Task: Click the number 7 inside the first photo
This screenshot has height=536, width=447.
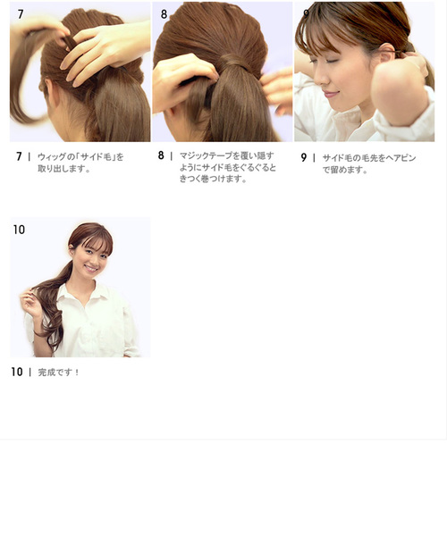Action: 21,14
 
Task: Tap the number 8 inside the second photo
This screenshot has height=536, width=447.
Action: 164,14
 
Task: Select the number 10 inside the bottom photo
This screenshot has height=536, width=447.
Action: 19,230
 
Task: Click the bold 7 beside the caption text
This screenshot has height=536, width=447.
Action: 19,156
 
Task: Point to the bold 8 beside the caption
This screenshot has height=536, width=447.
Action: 161,155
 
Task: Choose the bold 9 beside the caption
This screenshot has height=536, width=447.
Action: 304,157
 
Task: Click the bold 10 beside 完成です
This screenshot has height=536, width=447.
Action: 17,372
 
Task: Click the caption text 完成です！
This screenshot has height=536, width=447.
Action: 58,373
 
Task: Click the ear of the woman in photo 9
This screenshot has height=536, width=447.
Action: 384,54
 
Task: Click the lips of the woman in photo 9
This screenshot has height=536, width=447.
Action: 329,93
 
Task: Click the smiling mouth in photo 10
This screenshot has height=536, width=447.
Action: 90,268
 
